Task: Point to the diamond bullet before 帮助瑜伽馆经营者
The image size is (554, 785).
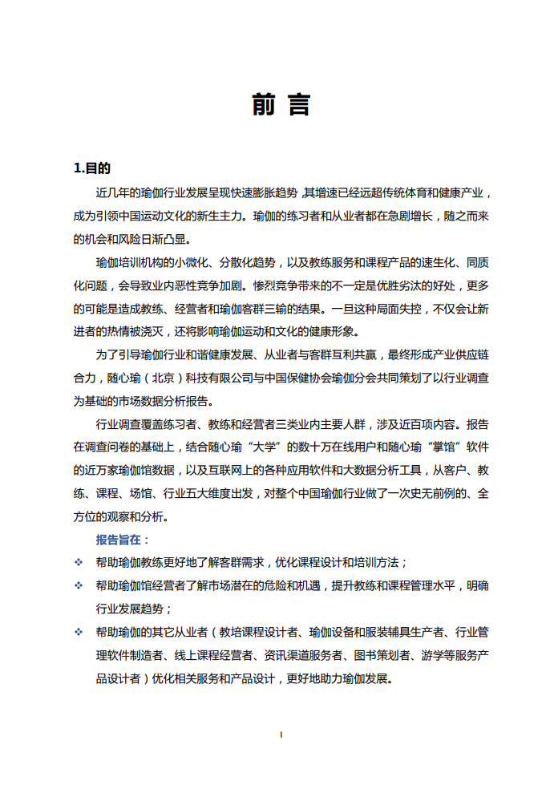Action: coord(79,586)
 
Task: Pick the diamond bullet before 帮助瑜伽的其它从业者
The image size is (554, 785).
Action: coord(79,633)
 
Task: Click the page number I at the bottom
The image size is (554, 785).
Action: coord(280,734)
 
